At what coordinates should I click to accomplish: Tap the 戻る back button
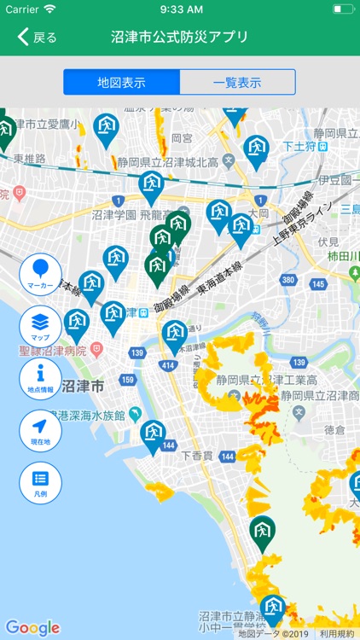[x=37, y=37]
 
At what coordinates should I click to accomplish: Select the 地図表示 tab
[x=121, y=83]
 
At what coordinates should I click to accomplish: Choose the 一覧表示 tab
[x=237, y=83]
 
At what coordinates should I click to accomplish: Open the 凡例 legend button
[x=40, y=483]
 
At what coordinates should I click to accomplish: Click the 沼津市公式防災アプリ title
[x=180, y=37]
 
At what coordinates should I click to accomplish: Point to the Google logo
[x=32, y=628]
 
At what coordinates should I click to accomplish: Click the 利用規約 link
[x=337, y=634]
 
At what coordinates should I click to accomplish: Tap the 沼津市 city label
[x=83, y=387]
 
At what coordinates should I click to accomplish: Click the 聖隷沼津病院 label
[x=51, y=351]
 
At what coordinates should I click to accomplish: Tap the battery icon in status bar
[x=343, y=9]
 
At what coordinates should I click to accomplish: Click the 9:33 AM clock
[x=180, y=9]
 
